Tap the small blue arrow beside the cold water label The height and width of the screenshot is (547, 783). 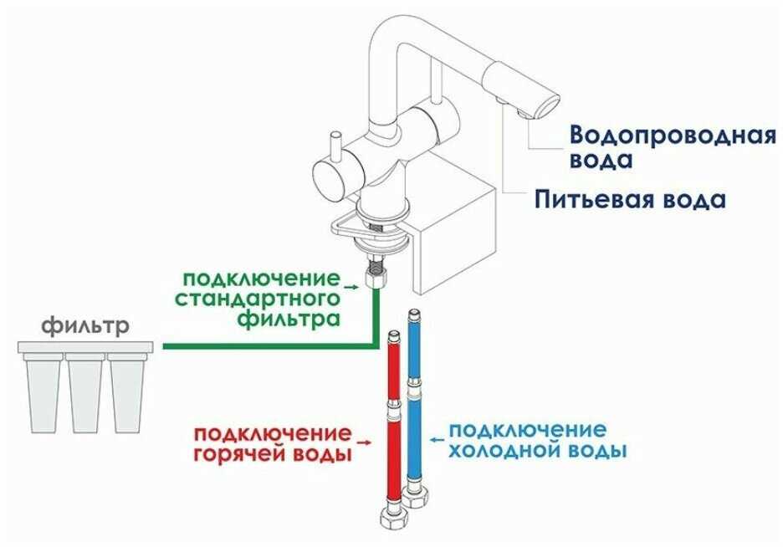(437, 437)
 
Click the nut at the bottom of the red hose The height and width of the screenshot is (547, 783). (390, 514)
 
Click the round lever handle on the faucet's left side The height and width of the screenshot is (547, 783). (326, 178)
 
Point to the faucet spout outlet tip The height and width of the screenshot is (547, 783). (544, 107)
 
